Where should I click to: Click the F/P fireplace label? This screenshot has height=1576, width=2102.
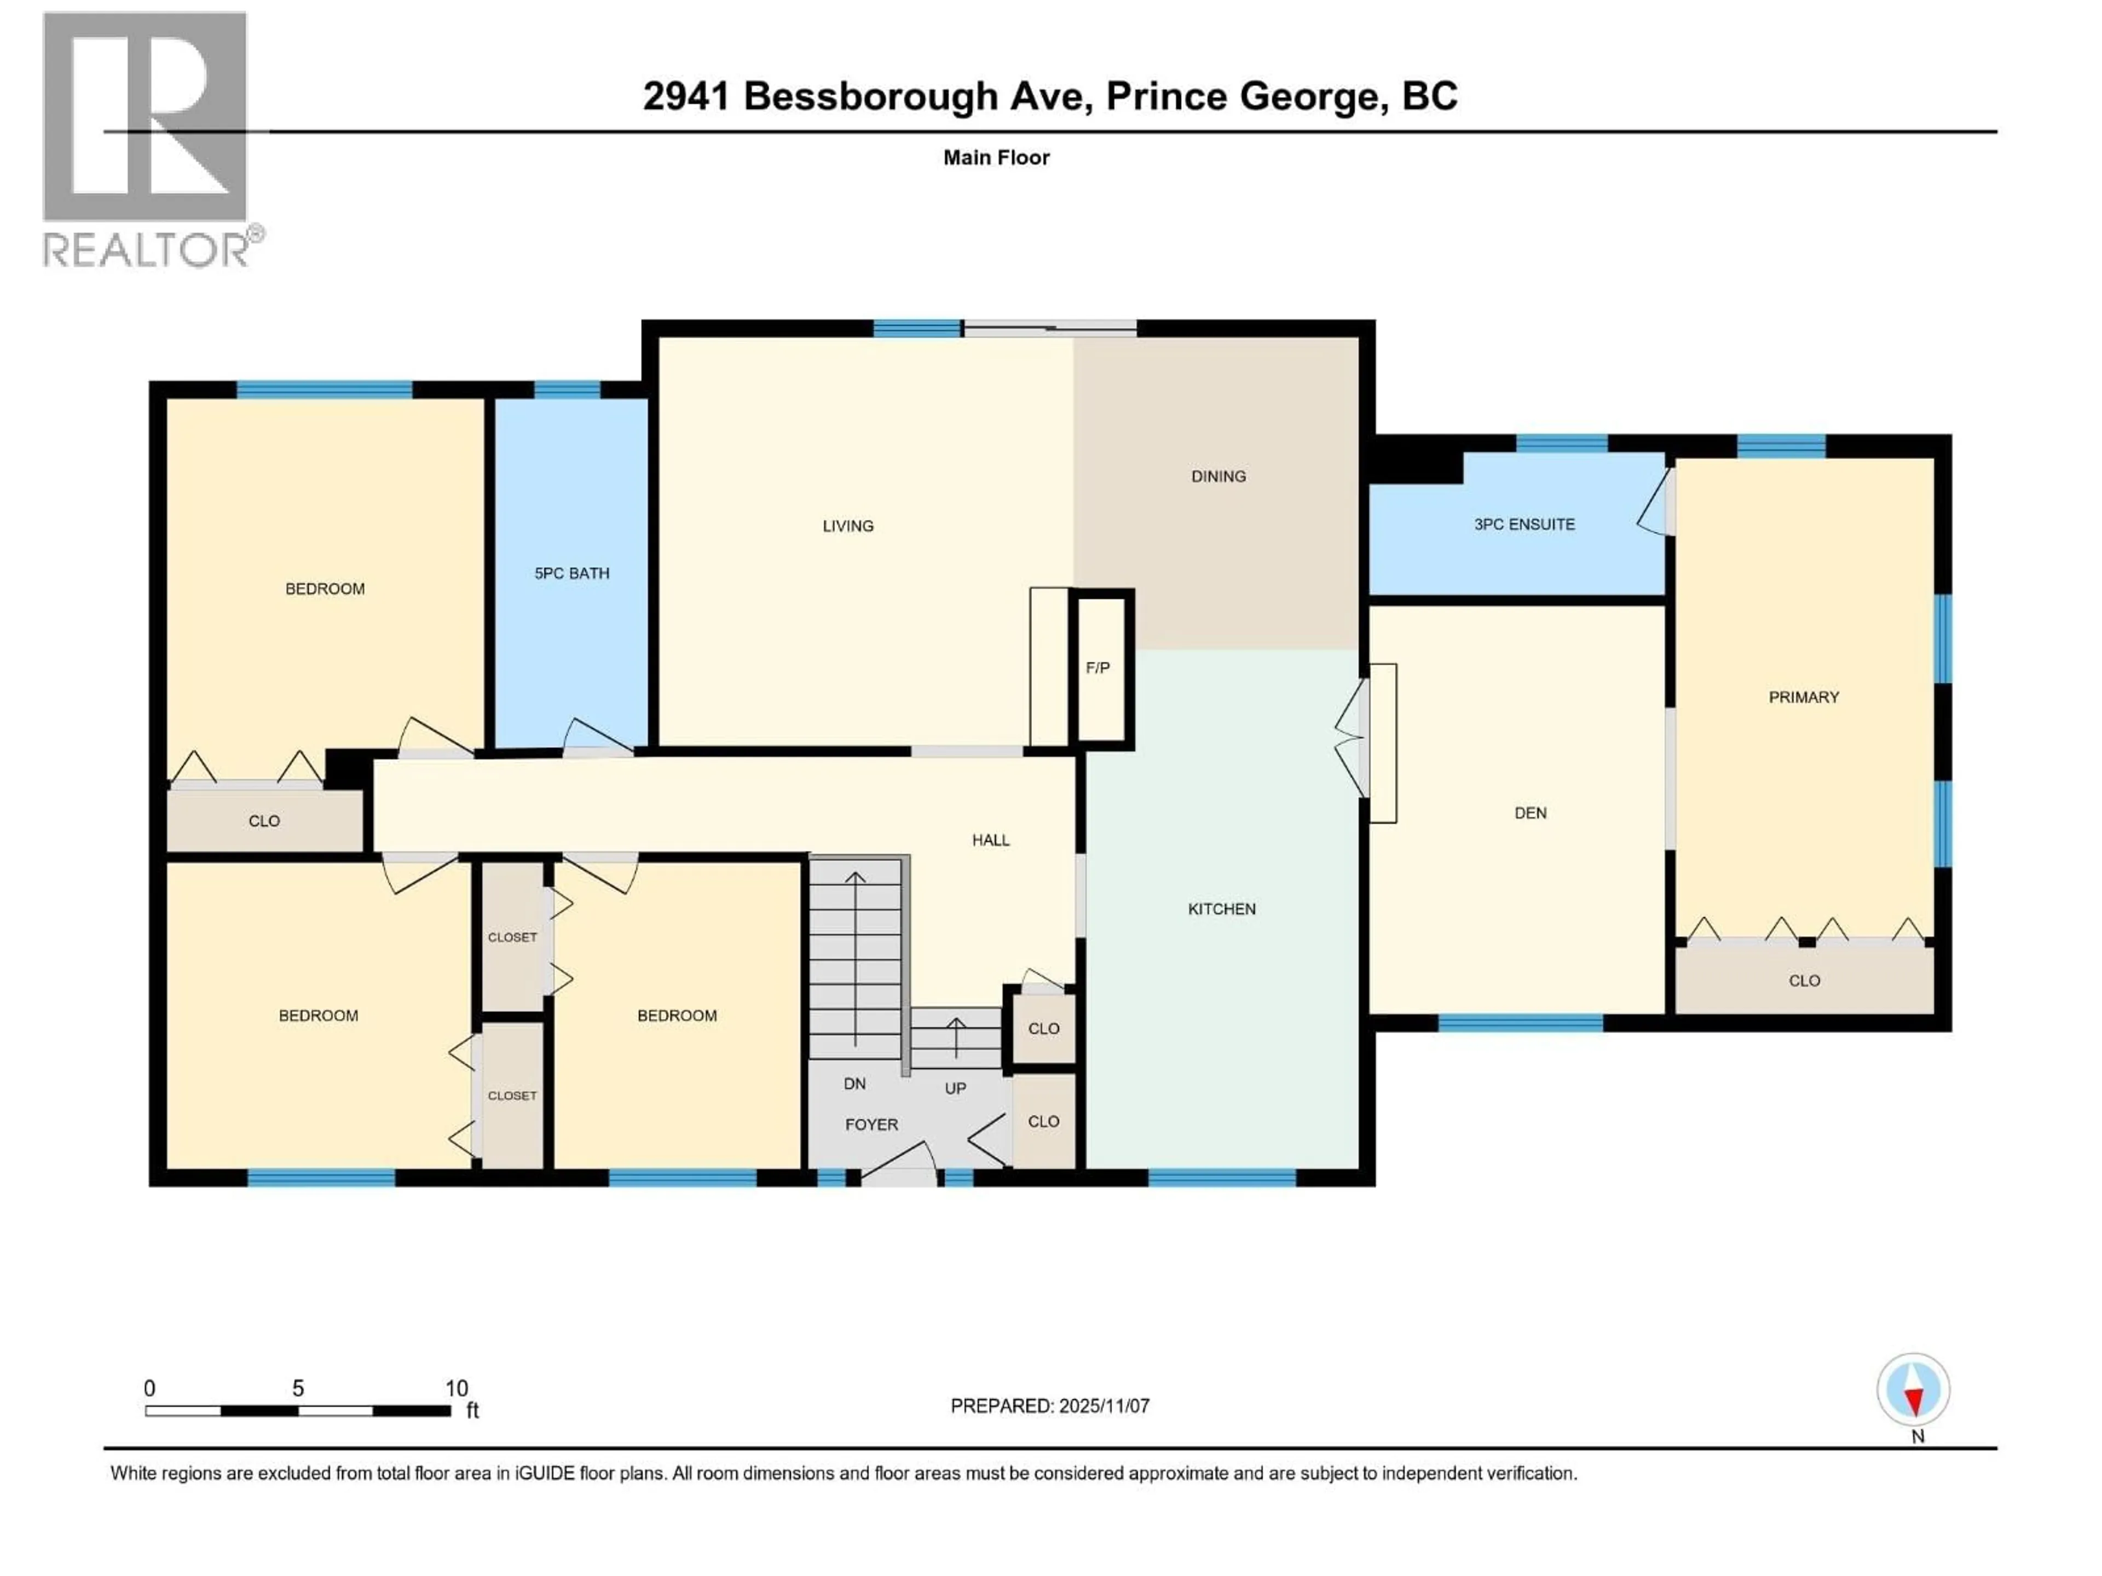tap(1098, 668)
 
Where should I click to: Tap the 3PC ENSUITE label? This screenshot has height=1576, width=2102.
tap(1524, 524)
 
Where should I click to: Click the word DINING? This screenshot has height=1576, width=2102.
tap(1219, 476)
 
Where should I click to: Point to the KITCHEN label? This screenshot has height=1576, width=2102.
tap(1221, 909)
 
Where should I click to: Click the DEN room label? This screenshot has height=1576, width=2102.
tap(1530, 813)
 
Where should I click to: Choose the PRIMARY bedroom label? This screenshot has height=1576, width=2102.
tap(1804, 697)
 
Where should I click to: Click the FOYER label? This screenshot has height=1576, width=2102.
tap(871, 1125)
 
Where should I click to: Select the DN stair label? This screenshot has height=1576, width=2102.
tap(854, 1084)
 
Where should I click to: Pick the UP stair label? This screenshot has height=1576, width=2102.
tap(955, 1088)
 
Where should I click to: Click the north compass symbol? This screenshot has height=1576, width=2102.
tap(1913, 1390)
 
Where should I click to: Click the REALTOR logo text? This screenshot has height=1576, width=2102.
tap(147, 250)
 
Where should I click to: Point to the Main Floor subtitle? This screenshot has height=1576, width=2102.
tap(996, 158)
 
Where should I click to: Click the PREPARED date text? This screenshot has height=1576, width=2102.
tap(1049, 1406)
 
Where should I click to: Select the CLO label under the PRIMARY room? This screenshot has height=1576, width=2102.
tap(1804, 981)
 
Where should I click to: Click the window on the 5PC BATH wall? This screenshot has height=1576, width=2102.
tap(567, 390)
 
